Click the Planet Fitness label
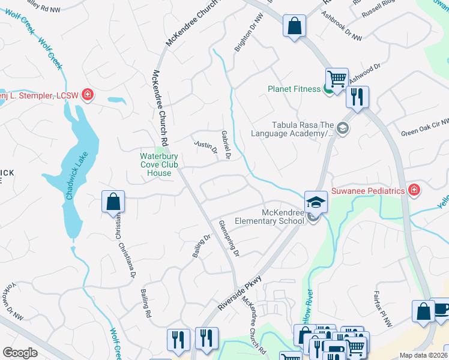(x=294, y=89)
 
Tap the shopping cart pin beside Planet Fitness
(x=337, y=79)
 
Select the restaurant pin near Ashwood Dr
(x=357, y=97)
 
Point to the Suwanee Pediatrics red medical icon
(x=414, y=190)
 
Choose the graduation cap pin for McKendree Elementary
(x=315, y=202)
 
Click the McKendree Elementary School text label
(x=283, y=217)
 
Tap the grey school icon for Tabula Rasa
(x=342, y=128)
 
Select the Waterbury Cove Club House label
(x=155, y=164)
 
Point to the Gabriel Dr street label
(x=225, y=145)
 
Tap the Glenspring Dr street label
(x=229, y=238)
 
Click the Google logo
(x=20, y=353)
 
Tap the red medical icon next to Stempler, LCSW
(x=88, y=95)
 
